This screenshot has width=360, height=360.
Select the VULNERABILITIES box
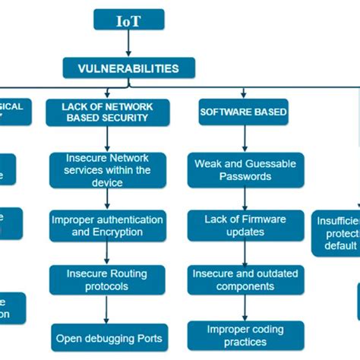click(x=128, y=68)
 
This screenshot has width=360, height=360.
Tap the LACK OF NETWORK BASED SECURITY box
click(x=107, y=112)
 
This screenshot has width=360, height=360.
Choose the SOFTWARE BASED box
click(x=243, y=112)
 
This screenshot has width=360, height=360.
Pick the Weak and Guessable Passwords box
click(x=245, y=170)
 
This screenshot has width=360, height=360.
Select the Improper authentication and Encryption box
click(x=107, y=226)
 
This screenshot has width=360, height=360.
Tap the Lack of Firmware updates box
click(x=245, y=226)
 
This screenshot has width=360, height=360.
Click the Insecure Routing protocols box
click(x=107, y=281)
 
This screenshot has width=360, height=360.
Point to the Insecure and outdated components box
click(x=244, y=281)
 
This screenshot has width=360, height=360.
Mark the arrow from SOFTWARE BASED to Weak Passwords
click(x=245, y=138)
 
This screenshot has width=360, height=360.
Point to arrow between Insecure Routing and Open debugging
click(x=107, y=309)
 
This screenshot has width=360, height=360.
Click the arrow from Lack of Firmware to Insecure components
click(x=245, y=253)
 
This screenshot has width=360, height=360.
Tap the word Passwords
click(x=245, y=176)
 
